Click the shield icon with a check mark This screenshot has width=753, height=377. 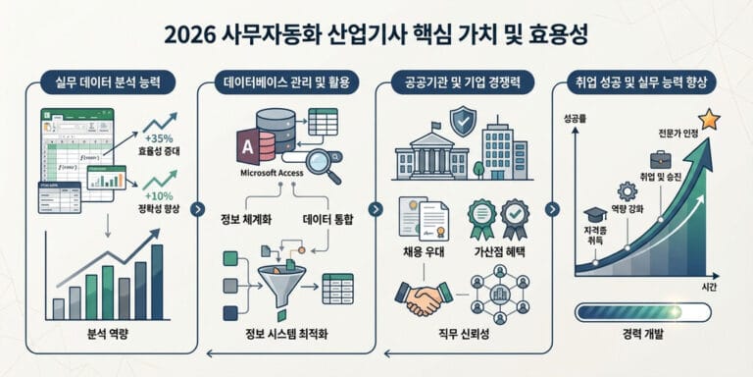(462, 122)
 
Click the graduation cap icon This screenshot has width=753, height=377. (595, 213)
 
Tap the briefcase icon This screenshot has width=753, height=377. (661, 159)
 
